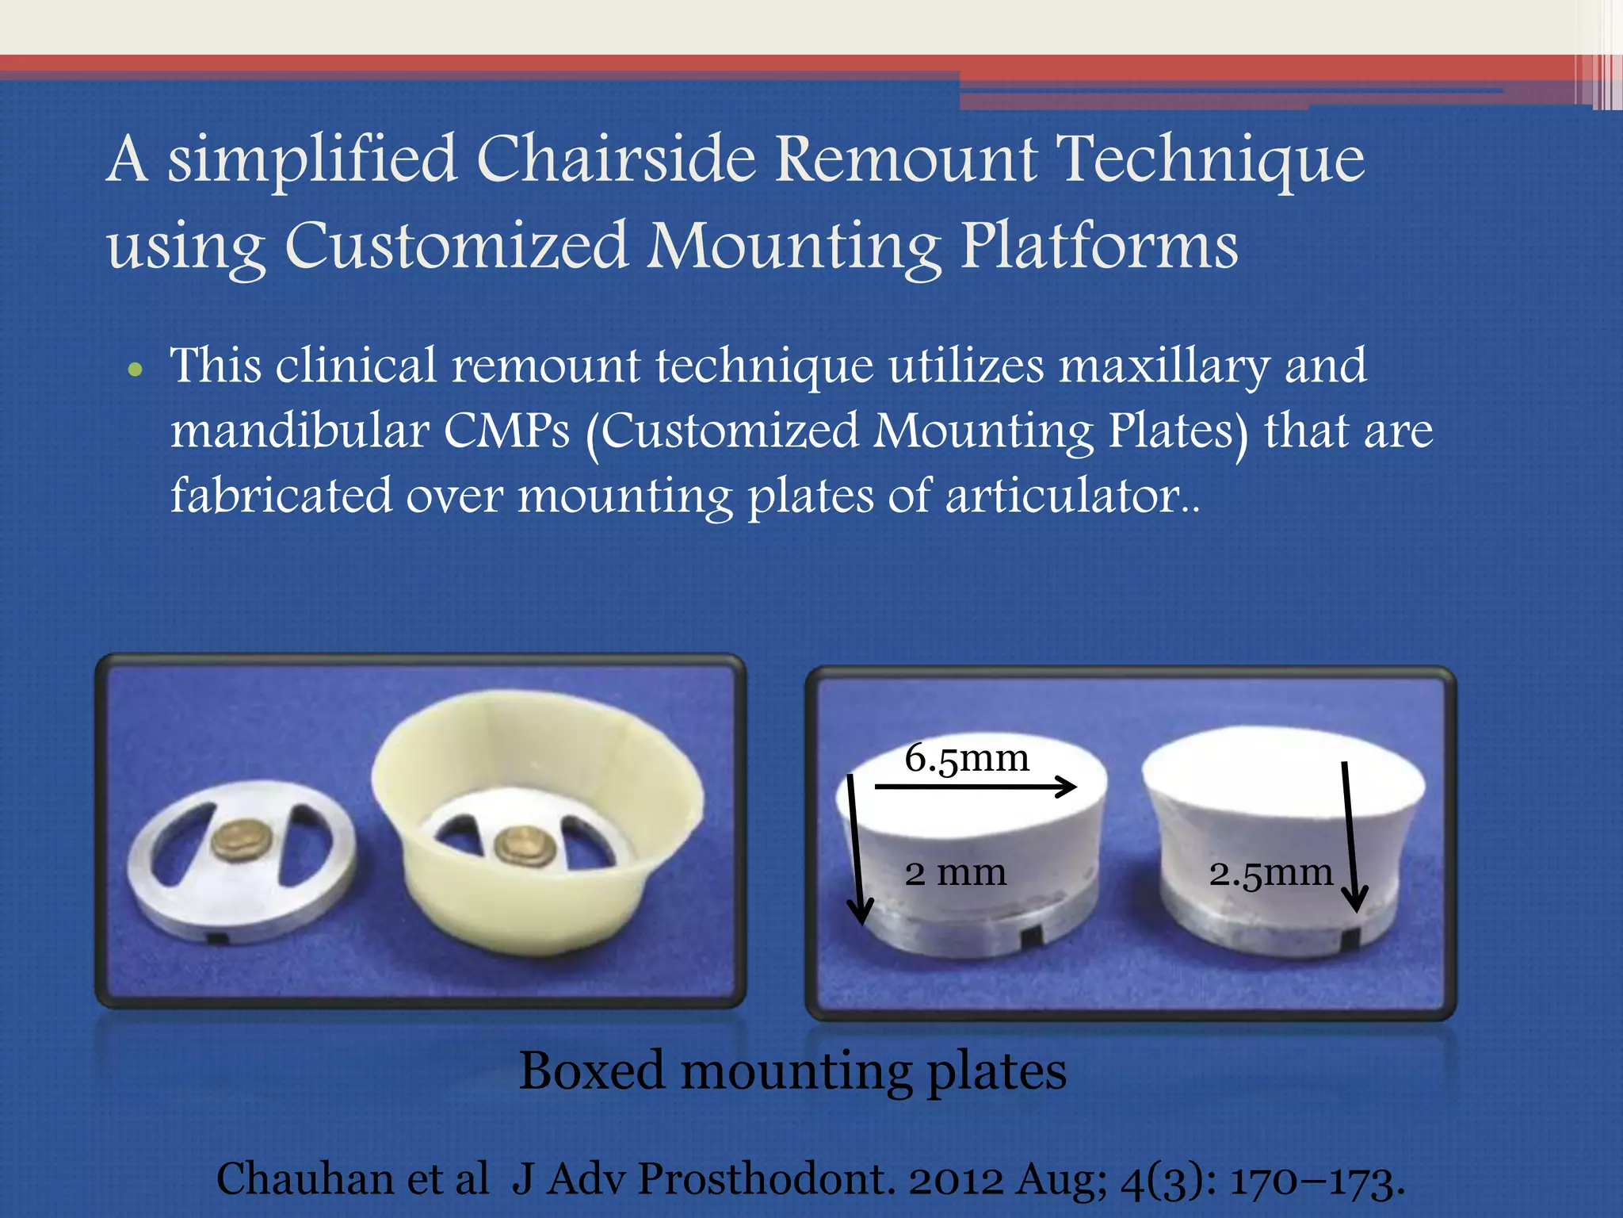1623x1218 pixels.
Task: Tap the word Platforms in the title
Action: click(x=1099, y=246)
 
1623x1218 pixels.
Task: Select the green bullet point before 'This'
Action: click(x=136, y=370)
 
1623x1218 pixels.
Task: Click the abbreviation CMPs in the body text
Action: click(x=506, y=431)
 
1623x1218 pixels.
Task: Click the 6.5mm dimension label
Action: click(x=967, y=759)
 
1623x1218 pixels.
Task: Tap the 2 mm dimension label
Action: click(x=955, y=873)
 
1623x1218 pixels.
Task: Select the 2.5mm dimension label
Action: click(x=1270, y=873)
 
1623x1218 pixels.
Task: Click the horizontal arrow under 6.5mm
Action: click(x=975, y=787)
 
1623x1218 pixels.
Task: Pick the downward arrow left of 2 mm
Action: click(x=856, y=848)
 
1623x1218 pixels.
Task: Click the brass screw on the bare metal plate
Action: click(x=242, y=840)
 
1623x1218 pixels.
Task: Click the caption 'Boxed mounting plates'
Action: click(x=792, y=1071)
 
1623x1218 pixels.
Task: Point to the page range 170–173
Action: click(x=1316, y=1179)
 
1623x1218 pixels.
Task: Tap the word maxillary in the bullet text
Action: click(x=1164, y=366)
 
